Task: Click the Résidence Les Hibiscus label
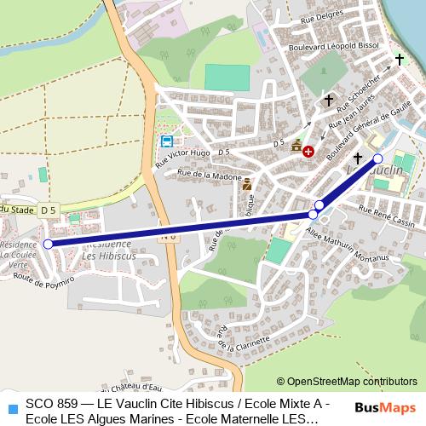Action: pos(110,249)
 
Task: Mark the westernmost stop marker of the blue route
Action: pos(48,244)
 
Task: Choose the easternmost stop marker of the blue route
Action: pos(378,158)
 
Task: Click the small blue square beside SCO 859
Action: pos(11,407)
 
